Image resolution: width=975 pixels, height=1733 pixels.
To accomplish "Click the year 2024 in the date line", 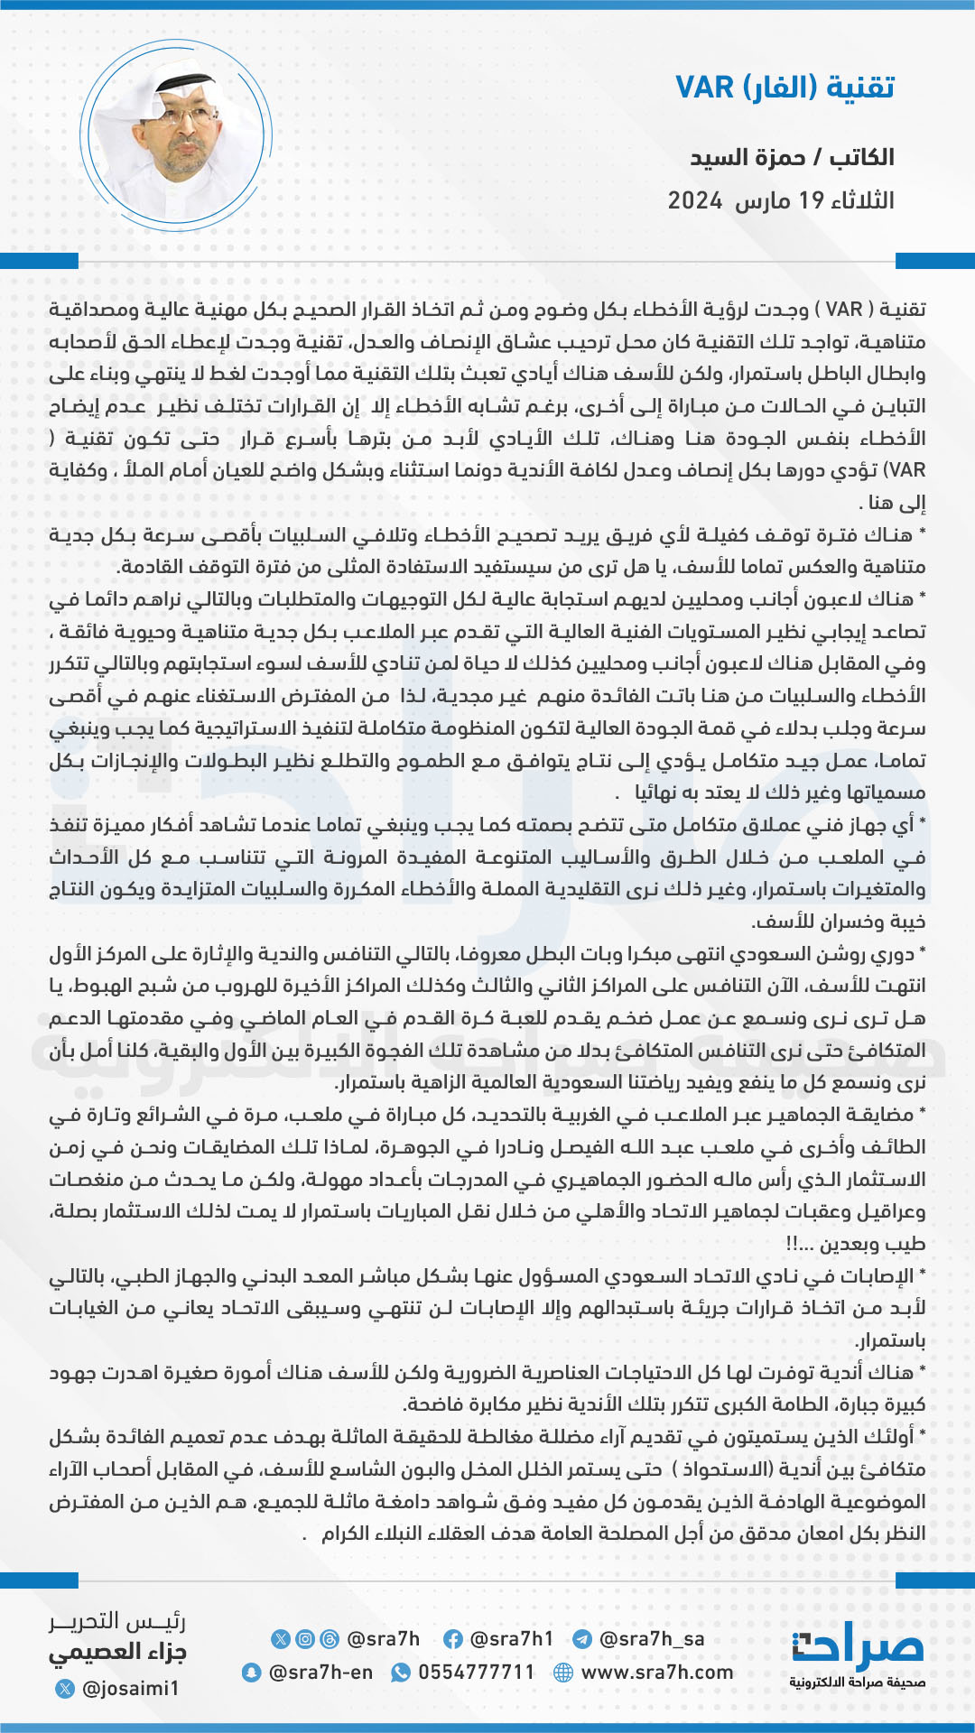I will tap(695, 200).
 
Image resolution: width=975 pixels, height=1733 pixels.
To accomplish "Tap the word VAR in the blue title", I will tap(705, 88).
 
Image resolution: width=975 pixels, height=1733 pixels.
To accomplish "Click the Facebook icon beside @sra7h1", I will tap(453, 1639).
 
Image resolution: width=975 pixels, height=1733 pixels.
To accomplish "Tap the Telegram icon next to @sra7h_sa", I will tap(582, 1639).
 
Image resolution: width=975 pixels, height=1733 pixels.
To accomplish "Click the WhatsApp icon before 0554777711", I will tap(400, 1673).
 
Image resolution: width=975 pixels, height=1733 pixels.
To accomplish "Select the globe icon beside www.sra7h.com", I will tap(563, 1673).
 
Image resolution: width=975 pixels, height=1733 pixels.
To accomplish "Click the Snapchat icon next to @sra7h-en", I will tap(252, 1673).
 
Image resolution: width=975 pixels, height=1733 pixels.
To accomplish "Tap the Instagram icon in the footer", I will tap(305, 1639).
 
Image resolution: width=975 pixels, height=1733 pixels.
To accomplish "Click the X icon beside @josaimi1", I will tap(65, 1688).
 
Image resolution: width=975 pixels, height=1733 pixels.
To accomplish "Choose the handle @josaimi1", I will tap(130, 1688).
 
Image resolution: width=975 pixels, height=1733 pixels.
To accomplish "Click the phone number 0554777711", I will tap(476, 1673).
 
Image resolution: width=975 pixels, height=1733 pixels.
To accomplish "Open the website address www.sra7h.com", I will tap(657, 1673).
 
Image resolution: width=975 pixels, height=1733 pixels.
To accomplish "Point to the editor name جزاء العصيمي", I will tap(117, 1654).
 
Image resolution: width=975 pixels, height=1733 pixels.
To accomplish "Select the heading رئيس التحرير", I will tap(117, 1622).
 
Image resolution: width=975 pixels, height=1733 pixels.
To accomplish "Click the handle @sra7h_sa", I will tap(652, 1639).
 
